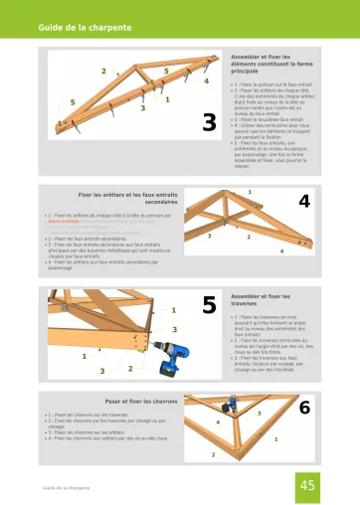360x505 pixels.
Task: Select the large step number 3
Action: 209,121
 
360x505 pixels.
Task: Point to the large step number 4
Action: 304,202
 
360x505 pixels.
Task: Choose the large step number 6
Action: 304,408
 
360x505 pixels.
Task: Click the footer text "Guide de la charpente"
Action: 69,488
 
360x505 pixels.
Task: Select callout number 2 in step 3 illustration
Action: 102,71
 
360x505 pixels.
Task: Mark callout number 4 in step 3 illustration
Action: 206,82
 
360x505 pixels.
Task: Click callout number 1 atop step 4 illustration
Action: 249,190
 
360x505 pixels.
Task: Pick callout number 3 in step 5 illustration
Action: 175,329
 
